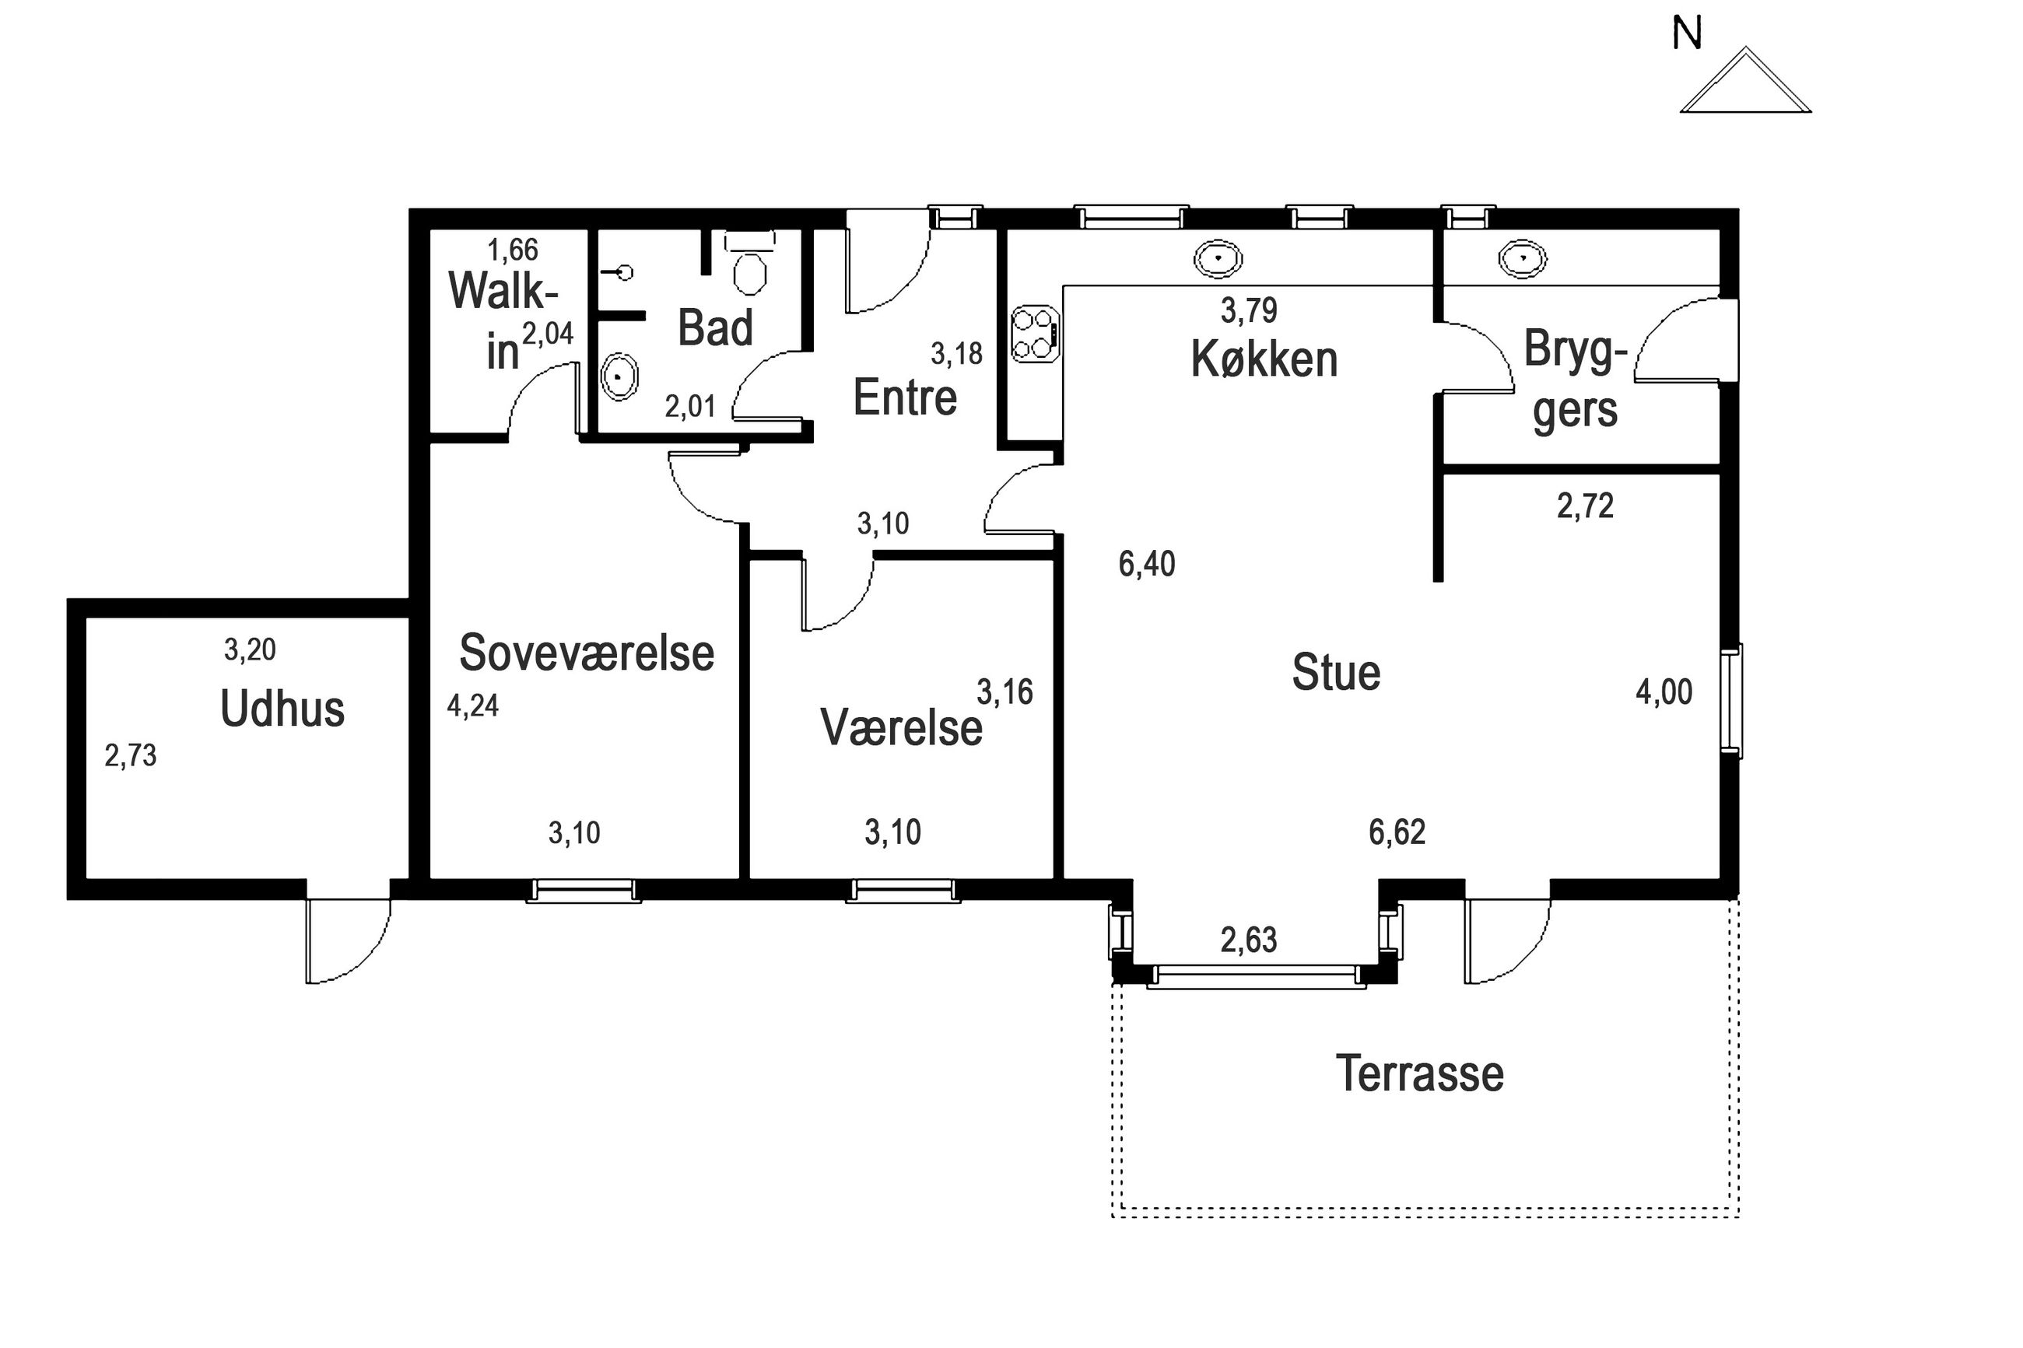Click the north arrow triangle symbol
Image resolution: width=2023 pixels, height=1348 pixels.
[x=1744, y=81]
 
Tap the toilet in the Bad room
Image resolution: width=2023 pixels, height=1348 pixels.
[x=750, y=261]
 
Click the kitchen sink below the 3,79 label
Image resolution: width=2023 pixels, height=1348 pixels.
[x=1218, y=258]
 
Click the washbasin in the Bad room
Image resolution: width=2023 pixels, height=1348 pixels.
[x=619, y=376]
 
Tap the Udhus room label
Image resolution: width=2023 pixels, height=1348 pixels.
[x=282, y=709]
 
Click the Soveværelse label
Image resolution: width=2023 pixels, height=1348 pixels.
[x=587, y=653]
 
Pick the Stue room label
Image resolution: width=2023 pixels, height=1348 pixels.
[x=1336, y=672]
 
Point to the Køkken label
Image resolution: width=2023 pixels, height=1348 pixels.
[x=1264, y=359]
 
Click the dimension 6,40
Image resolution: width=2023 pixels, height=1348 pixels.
[x=1147, y=564]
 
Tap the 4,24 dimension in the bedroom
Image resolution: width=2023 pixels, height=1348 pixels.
[x=473, y=706]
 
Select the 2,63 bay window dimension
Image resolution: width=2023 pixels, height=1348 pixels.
[x=1248, y=940]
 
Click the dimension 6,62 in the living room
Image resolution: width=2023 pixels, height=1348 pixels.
[x=1397, y=832]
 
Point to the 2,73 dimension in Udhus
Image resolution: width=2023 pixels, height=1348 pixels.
[x=131, y=755]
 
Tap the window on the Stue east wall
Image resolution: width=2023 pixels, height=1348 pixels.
[x=1730, y=701]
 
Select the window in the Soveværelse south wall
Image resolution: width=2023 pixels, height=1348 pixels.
[x=584, y=891]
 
